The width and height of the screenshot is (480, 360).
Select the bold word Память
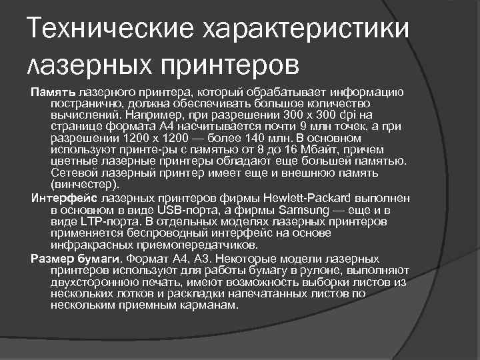pyautogui.click(x=53, y=93)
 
